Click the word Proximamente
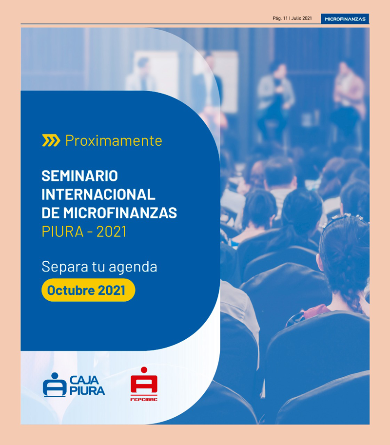pos(114,140)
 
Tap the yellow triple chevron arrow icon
pos(51,140)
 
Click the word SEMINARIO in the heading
pos(80,176)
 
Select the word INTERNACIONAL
pos(98,194)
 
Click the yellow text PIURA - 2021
pos(84,232)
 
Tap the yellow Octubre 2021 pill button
pos(88,290)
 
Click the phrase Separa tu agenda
pos(99,267)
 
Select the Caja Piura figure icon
pos(55,385)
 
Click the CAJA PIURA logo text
pos(87,386)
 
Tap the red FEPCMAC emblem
pos(144,381)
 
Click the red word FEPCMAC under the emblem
pos(144,399)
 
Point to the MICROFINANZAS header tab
pos(345,19)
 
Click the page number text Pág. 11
pos(280,18)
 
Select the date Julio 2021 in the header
pos(301,18)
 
